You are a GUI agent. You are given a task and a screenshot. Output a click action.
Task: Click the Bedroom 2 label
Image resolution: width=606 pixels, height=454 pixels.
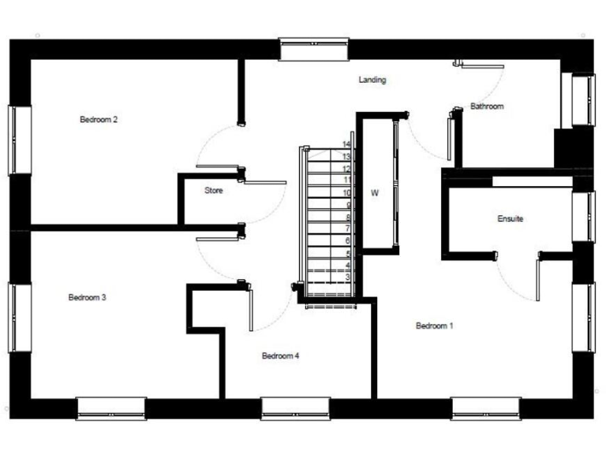click(x=99, y=120)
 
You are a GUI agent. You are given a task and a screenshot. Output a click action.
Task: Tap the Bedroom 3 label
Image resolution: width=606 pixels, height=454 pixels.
click(x=87, y=298)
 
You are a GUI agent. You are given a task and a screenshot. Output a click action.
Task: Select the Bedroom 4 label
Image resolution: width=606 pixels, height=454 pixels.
click(x=280, y=356)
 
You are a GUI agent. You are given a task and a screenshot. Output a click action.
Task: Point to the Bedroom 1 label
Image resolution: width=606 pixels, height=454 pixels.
click(x=434, y=326)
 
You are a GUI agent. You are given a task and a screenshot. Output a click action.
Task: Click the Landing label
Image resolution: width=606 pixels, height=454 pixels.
click(x=372, y=80)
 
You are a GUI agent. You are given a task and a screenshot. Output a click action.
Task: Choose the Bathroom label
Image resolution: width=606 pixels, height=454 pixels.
click(x=486, y=106)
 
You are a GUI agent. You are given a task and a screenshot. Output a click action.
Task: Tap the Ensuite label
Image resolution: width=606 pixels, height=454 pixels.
click(x=510, y=218)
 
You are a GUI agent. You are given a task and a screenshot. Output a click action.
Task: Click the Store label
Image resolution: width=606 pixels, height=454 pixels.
click(x=213, y=191)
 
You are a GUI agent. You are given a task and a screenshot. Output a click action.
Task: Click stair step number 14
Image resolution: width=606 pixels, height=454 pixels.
click(x=346, y=145)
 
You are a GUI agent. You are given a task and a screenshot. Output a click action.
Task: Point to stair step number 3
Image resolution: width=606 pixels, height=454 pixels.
click(x=347, y=277)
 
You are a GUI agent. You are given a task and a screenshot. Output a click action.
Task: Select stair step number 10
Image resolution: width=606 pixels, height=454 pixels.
click(x=346, y=193)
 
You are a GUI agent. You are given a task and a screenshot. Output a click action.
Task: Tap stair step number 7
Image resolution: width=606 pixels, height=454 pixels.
click(x=347, y=229)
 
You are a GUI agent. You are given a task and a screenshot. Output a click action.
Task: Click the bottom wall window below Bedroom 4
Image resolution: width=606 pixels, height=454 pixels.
click(x=295, y=407)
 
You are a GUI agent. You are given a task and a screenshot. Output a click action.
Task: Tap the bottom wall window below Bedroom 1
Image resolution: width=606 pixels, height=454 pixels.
click(x=486, y=407)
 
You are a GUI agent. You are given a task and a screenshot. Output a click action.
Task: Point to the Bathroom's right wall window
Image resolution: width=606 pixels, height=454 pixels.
click(x=584, y=100)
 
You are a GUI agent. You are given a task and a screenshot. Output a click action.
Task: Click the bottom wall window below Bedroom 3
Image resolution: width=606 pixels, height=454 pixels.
click(x=111, y=407)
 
